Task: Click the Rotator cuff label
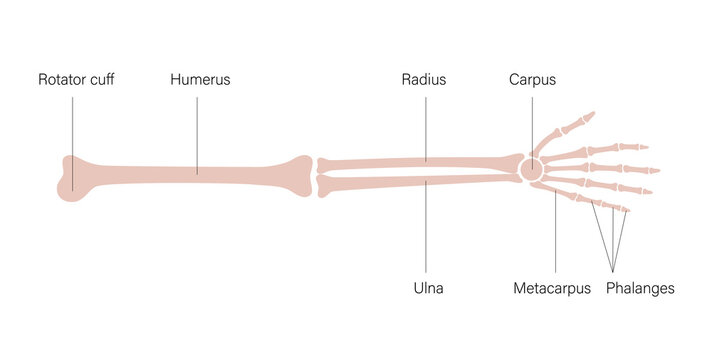click(x=75, y=79)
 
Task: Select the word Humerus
click(x=200, y=79)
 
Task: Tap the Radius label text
click(x=424, y=79)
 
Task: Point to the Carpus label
click(x=532, y=79)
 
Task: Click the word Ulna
click(x=428, y=288)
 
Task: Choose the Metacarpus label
click(x=551, y=288)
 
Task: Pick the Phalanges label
click(x=640, y=288)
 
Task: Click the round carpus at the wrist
click(x=531, y=169)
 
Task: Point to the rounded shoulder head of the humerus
click(x=70, y=178)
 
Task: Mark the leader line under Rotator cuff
click(x=73, y=130)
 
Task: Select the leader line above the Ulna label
click(x=427, y=230)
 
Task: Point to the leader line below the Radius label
click(x=424, y=125)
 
